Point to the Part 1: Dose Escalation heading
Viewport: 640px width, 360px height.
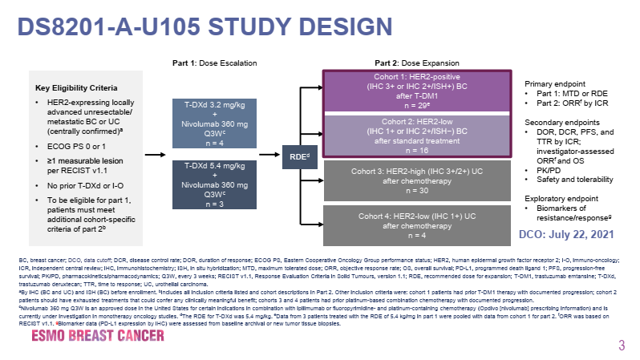coord(214,63)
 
